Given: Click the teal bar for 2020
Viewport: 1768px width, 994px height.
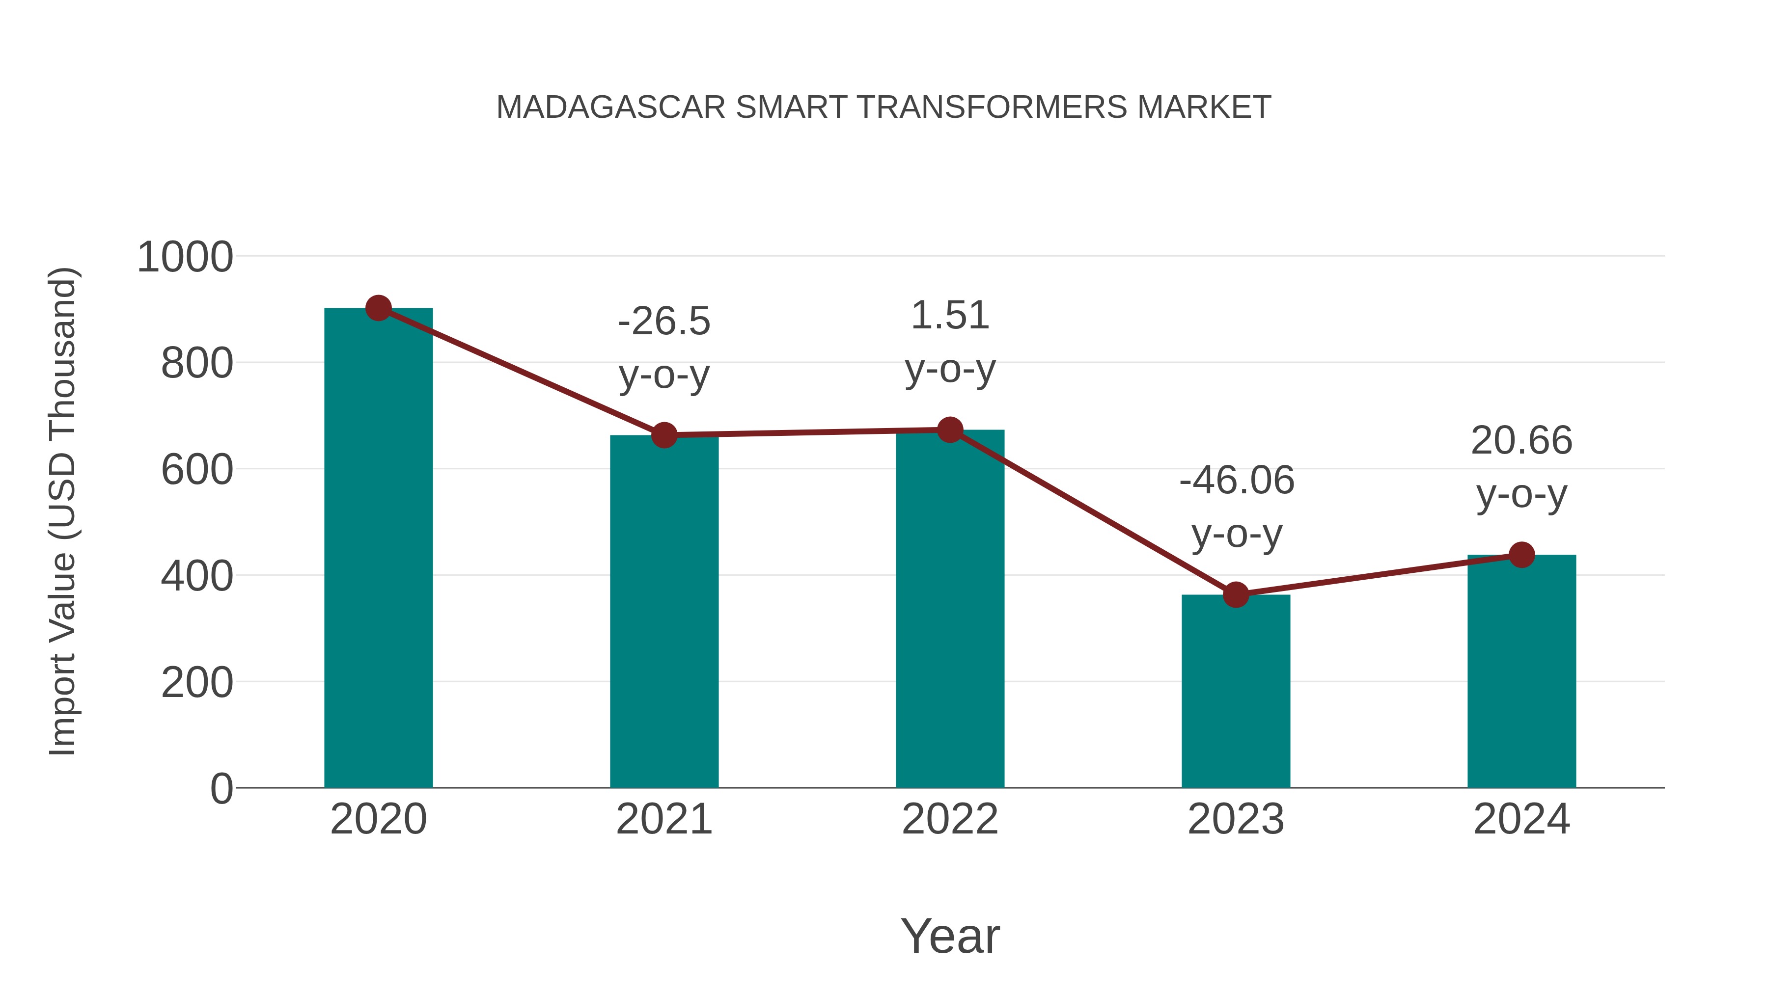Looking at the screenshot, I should [x=378, y=549].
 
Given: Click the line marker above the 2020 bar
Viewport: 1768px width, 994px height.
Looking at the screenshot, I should [x=378, y=308].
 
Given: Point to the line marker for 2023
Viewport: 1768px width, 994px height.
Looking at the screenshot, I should [x=1236, y=595].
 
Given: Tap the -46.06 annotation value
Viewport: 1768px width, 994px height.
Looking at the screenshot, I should [x=1236, y=480].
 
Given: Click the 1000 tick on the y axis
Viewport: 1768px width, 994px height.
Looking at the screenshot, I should [x=185, y=257].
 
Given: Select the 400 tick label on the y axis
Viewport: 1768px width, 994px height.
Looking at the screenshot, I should [x=197, y=576].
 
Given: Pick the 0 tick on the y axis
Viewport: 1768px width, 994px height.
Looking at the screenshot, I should [x=221, y=788].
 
